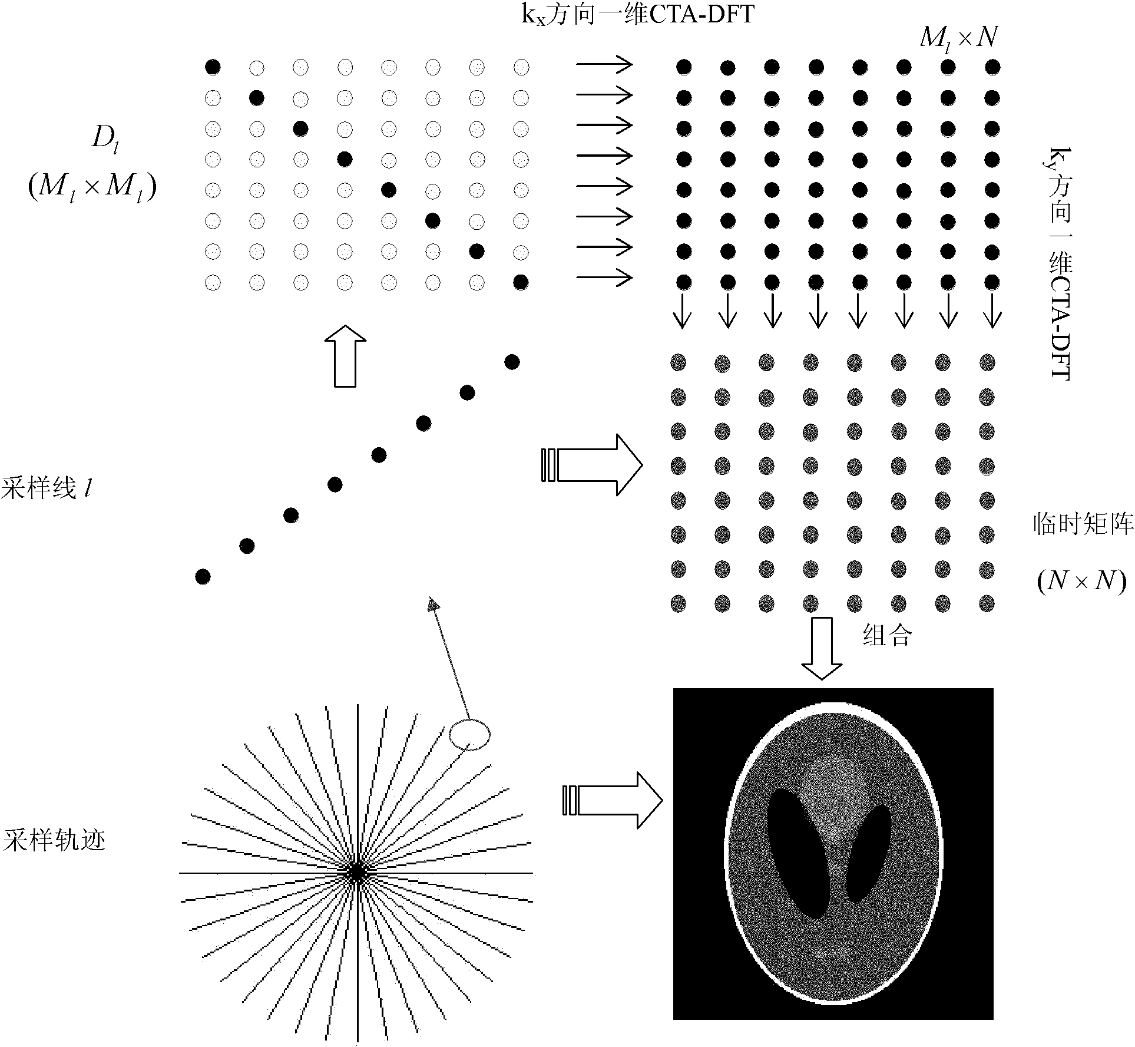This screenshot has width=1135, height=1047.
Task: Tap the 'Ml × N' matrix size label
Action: point(958,38)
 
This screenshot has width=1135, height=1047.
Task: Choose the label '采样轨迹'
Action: point(54,840)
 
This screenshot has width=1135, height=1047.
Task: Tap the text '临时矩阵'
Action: point(1083,523)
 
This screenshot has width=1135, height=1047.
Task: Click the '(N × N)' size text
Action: point(1081,581)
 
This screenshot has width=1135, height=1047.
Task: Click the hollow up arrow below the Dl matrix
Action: point(345,356)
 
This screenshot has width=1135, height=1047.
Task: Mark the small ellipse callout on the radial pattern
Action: point(469,734)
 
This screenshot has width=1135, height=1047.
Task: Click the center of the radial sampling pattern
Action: point(356,872)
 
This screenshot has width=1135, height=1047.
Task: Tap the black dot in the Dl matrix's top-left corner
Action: point(213,67)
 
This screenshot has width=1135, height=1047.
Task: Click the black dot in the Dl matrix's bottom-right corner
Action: point(521,283)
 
